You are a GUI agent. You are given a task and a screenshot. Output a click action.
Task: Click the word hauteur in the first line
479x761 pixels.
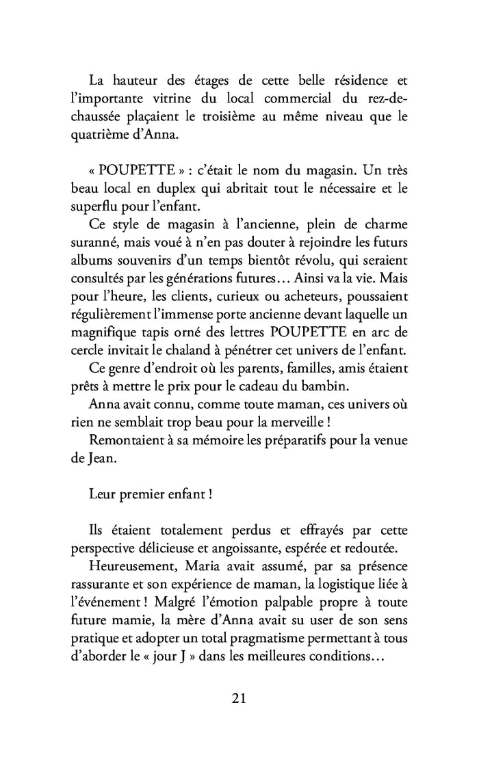[139, 81]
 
